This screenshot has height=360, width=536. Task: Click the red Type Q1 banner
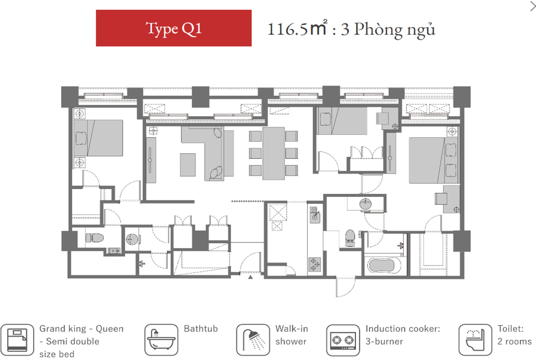(174, 28)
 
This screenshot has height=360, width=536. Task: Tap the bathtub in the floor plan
(385, 265)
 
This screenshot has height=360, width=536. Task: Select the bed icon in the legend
(17, 340)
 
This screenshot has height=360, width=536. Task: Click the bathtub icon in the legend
(161, 340)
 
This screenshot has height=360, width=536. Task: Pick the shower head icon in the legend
(253, 340)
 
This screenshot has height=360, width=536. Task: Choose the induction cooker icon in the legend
(343, 340)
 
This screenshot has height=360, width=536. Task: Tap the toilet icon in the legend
(475, 340)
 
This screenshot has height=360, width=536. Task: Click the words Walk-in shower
(292, 335)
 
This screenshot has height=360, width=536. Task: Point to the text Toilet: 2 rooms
(514, 335)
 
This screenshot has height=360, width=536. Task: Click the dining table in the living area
(274, 153)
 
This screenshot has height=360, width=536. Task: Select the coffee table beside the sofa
(188, 165)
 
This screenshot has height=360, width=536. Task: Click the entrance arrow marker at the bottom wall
(250, 277)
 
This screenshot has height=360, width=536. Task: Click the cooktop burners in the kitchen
(315, 265)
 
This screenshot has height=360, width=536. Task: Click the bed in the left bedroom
(99, 138)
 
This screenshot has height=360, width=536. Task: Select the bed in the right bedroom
(433, 160)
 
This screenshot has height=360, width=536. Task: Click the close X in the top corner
(533, 6)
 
